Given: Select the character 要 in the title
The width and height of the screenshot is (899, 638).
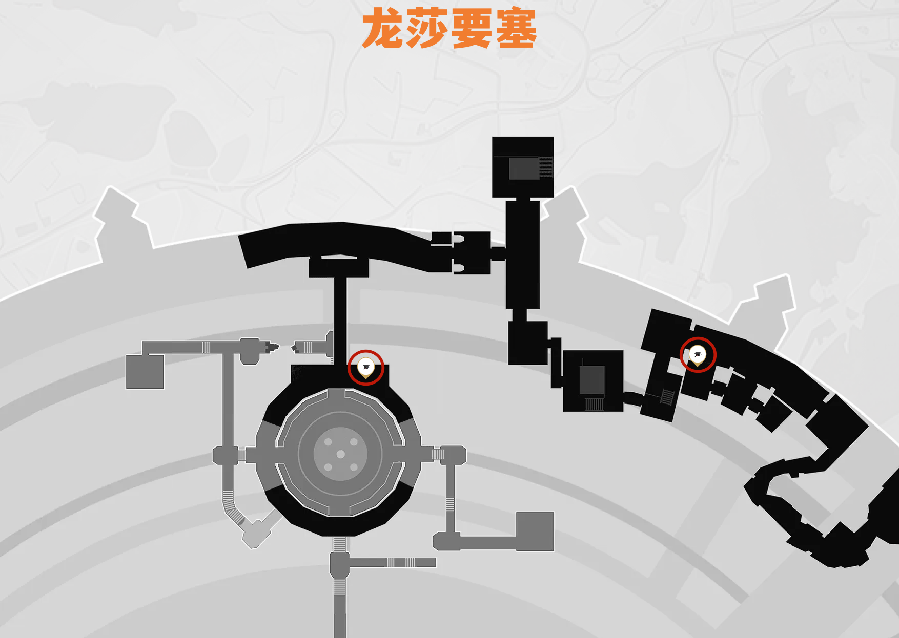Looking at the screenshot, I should click(472, 29).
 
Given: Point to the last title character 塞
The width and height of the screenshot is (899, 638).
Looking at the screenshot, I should click(516, 29).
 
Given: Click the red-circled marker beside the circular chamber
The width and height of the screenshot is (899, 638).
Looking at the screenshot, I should click(365, 367).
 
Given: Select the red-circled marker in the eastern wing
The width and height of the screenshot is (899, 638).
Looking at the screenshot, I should click(697, 354).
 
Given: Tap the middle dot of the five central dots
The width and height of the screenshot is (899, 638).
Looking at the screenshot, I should click(340, 455).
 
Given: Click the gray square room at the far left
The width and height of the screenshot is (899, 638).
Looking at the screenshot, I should click(145, 372).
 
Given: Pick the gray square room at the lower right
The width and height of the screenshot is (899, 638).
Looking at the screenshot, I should click(535, 531).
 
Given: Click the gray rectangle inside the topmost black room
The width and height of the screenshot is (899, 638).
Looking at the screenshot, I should click(524, 168).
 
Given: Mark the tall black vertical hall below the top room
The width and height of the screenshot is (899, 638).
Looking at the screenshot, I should click(522, 254).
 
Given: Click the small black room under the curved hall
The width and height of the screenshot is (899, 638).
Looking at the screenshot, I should click(339, 267).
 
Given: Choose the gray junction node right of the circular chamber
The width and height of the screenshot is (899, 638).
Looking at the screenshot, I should click(454, 454).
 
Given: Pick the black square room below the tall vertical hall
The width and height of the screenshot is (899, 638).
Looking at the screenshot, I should click(527, 343).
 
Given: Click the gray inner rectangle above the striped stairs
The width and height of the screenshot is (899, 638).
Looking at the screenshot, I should click(592, 379).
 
